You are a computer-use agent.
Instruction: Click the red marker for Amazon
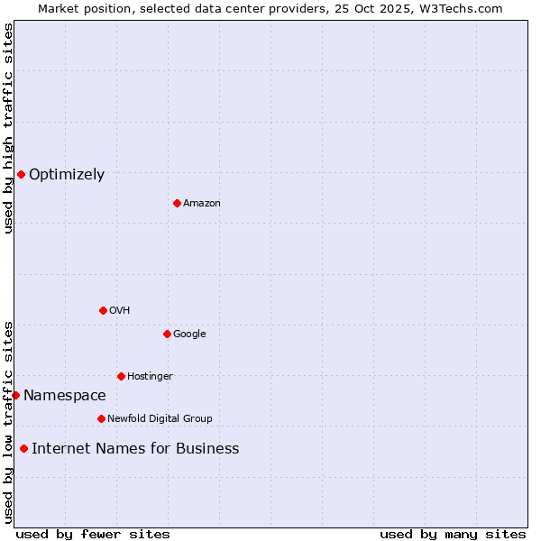click(x=177, y=203)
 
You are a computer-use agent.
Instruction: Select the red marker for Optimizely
click(x=21, y=174)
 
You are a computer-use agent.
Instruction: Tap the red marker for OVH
click(x=103, y=310)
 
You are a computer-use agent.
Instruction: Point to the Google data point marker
click(x=167, y=334)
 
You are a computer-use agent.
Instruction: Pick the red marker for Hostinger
click(x=121, y=376)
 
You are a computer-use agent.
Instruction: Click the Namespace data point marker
click(x=15, y=395)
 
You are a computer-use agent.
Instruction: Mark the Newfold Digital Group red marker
click(x=101, y=418)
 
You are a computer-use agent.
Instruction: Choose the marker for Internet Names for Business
click(x=23, y=448)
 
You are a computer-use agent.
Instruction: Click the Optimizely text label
click(x=67, y=175)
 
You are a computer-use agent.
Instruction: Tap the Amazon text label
click(x=202, y=204)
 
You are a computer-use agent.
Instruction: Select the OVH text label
click(x=120, y=311)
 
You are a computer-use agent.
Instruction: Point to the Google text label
click(x=189, y=335)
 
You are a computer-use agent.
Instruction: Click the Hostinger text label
click(x=150, y=377)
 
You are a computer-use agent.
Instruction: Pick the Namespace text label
click(x=65, y=396)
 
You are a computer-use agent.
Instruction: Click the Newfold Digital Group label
click(x=160, y=419)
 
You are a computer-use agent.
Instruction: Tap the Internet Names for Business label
click(x=135, y=449)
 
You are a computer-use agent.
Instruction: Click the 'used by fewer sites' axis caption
click(x=93, y=534)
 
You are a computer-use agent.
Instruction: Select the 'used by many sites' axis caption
click(x=453, y=534)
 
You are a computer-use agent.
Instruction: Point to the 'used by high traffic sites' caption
click(x=8, y=128)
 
